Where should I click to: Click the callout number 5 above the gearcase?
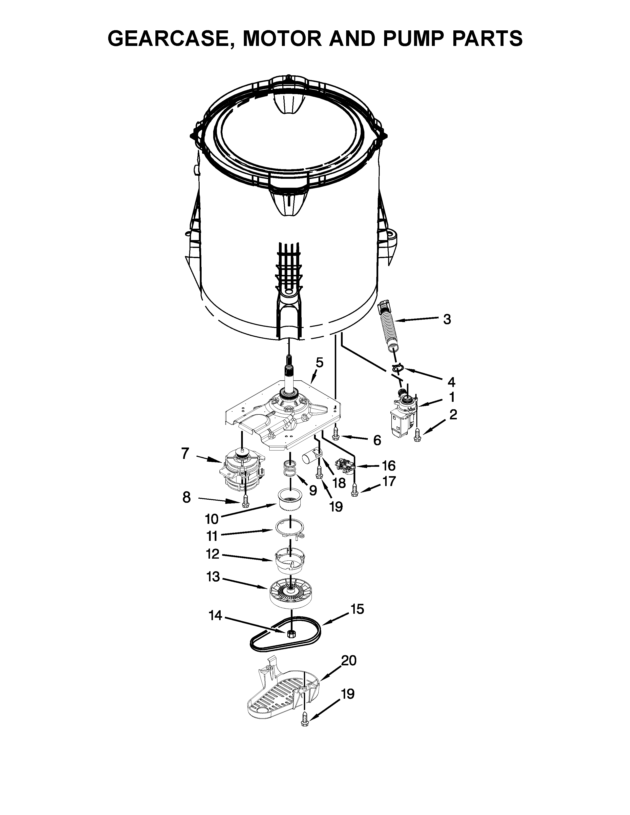pos(319,362)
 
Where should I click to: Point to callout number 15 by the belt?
pos(357,609)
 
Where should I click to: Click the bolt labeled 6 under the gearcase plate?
pos(335,433)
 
